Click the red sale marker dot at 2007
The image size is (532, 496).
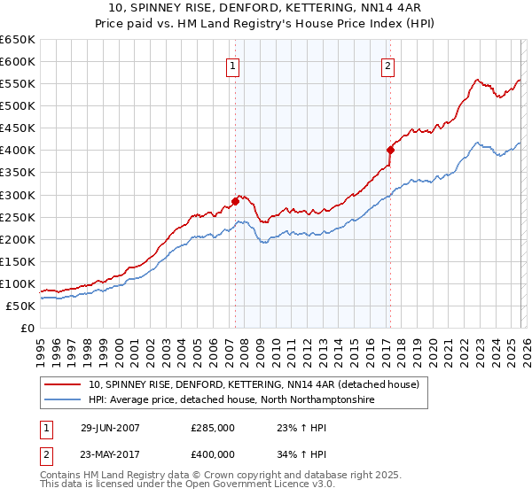click(x=236, y=201)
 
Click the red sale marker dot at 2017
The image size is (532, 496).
click(x=390, y=150)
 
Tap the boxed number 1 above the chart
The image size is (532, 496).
click(x=232, y=65)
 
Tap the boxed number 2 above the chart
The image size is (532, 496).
click(x=388, y=65)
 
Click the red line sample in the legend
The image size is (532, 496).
click(x=63, y=385)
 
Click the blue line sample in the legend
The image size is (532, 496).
click(x=63, y=400)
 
